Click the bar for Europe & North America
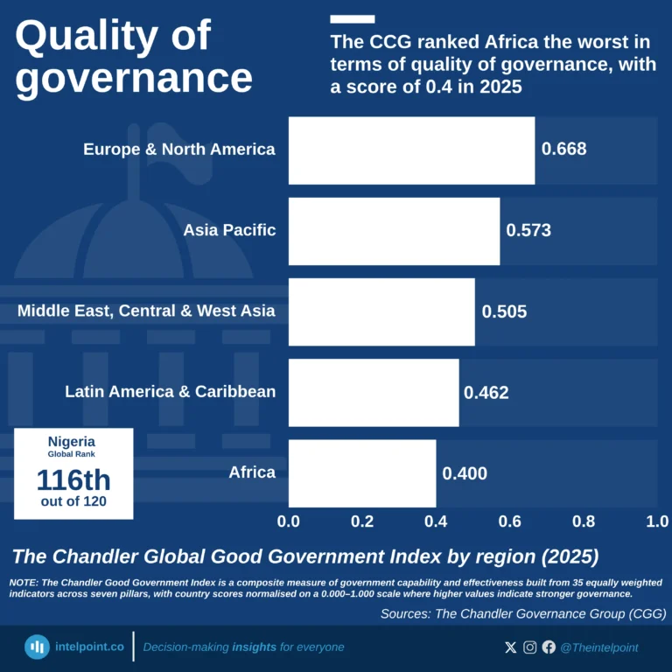pyautogui.click(x=411, y=150)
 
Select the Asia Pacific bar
pyautogui.click(x=394, y=231)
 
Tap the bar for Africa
pyautogui.click(x=361, y=473)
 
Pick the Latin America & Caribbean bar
pyautogui.click(x=374, y=393)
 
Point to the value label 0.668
pyautogui.click(x=564, y=150)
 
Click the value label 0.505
pyautogui.click(x=504, y=311)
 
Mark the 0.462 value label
pyautogui.click(x=486, y=393)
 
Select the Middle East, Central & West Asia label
pyautogui.click(x=146, y=311)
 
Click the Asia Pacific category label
pyautogui.click(x=229, y=231)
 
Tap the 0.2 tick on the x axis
pyautogui.click(x=362, y=521)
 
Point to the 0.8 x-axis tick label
pyautogui.click(x=584, y=521)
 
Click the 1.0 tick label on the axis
pyautogui.click(x=656, y=521)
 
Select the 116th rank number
pyautogui.click(x=73, y=479)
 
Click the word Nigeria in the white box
pyautogui.click(x=73, y=442)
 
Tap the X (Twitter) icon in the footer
pyautogui.click(x=511, y=647)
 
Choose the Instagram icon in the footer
pyautogui.click(x=530, y=647)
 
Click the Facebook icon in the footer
pyautogui.click(x=549, y=647)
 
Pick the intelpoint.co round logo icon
pyautogui.click(x=37, y=647)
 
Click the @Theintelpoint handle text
pyautogui.click(x=599, y=647)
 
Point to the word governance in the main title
pyautogui.click(x=134, y=78)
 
